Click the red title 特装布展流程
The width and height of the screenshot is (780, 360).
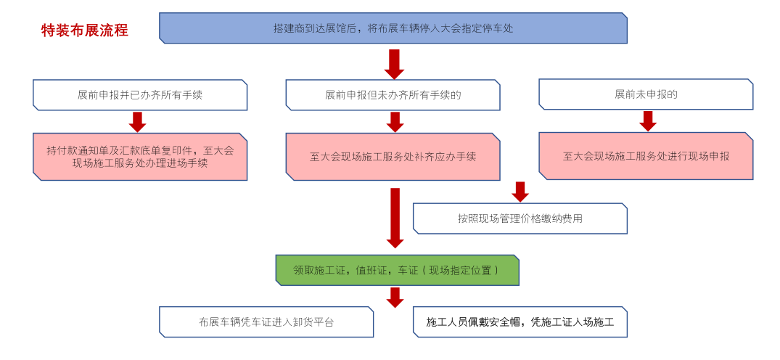(x=85, y=30)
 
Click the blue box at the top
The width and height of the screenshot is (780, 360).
(x=393, y=28)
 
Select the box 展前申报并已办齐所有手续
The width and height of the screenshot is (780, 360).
(x=140, y=95)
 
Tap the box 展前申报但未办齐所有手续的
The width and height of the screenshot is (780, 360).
(x=393, y=95)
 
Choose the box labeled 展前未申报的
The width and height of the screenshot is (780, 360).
(x=646, y=95)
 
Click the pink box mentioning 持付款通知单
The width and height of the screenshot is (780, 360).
(x=140, y=156)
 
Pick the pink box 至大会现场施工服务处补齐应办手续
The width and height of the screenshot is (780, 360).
(x=393, y=156)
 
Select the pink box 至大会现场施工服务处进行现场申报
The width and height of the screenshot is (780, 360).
(x=646, y=156)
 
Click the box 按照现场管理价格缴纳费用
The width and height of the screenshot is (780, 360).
(x=520, y=218)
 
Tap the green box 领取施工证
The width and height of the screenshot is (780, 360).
(x=397, y=270)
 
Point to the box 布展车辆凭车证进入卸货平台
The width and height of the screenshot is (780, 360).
(x=266, y=322)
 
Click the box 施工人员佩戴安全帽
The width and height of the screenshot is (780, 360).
(x=520, y=322)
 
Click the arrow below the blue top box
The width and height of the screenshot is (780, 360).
(x=394, y=64)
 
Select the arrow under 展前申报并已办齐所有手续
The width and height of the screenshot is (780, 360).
(x=138, y=121)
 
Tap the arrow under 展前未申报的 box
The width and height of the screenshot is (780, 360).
(x=648, y=121)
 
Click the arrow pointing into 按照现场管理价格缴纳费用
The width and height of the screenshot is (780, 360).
(x=520, y=192)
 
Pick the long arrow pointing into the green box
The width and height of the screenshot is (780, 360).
(x=395, y=217)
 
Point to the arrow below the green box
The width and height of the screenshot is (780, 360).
(x=395, y=297)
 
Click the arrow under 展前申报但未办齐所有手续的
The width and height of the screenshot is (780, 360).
(x=395, y=121)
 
